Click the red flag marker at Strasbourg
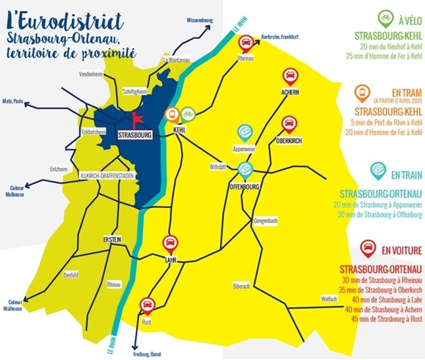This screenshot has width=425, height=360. pos(136,119)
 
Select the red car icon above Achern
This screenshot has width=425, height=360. pos(289,76)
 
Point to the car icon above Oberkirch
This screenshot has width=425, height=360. pos(289,124)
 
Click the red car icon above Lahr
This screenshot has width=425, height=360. pos(170,244)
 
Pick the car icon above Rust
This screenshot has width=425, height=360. pos(147,306)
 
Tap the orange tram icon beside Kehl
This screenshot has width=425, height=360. pos(172,114)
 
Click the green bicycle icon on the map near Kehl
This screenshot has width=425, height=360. pos(188,113)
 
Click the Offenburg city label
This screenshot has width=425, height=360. pos(245,187)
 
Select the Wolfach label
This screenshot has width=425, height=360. pos(329,298)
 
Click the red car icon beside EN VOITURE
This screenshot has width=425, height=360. pos(368,248)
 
